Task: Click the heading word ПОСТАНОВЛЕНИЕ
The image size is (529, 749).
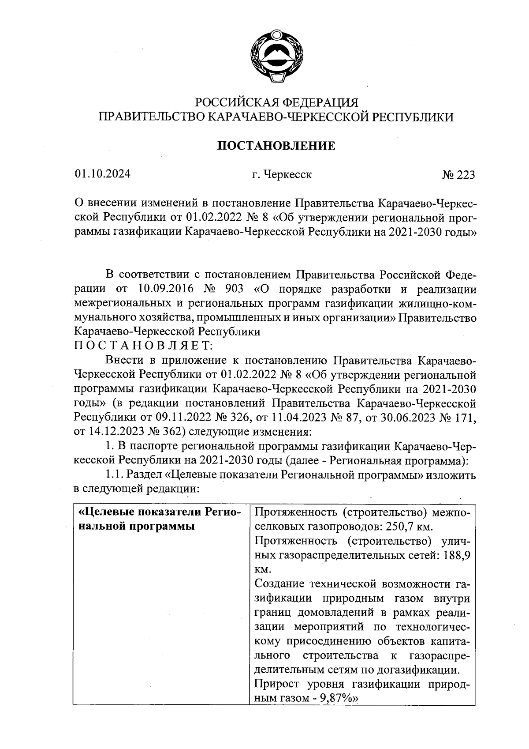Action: pyautogui.click(x=276, y=146)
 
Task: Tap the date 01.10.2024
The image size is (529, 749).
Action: pyautogui.click(x=102, y=174)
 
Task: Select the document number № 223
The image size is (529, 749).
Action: pyautogui.click(x=458, y=175)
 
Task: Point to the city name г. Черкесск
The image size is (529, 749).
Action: pyautogui.click(x=282, y=175)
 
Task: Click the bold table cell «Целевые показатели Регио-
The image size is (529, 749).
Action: pyautogui.click(x=159, y=512)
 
